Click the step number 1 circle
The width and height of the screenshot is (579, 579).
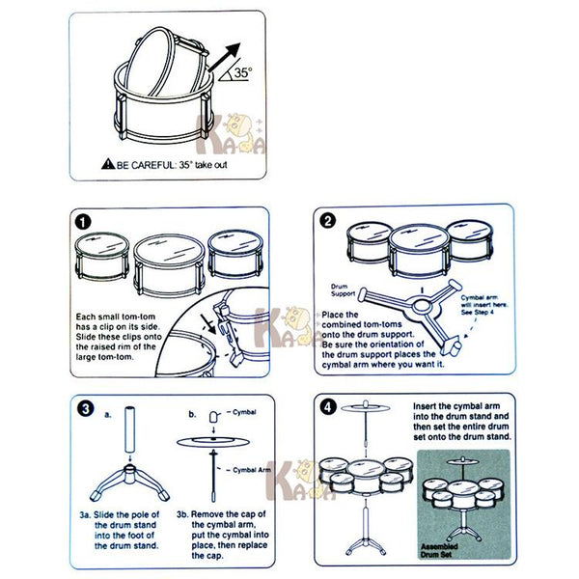(x=83, y=222)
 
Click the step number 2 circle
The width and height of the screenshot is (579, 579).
(x=327, y=221)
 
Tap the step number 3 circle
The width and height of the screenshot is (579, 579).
(x=86, y=409)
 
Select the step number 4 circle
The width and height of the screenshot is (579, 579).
(x=328, y=407)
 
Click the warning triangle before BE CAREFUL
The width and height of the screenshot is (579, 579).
(x=108, y=164)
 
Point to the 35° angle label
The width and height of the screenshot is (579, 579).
(x=243, y=72)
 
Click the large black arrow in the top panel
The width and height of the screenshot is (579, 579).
(x=224, y=57)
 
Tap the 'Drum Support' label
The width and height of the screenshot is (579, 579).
(x=343, y=289)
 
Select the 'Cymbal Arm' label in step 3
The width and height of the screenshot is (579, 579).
(x=252, y=470)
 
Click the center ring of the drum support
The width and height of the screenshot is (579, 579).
(x=422, y=307)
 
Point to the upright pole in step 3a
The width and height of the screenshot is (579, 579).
(x=130, y=429)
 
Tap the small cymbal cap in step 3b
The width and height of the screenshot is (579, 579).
(x=214, y=417)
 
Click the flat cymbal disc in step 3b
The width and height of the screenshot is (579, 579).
(x=212, y=441)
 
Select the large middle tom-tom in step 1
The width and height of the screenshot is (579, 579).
(x=169, y=265)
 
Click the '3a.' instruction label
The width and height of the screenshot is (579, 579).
(x=85, y=514)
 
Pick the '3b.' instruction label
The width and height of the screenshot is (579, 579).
(x=182, y=514)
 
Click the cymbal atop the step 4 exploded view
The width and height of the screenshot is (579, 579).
(x=365, y=407)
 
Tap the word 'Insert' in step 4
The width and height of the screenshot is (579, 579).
(x=424, y=406)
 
